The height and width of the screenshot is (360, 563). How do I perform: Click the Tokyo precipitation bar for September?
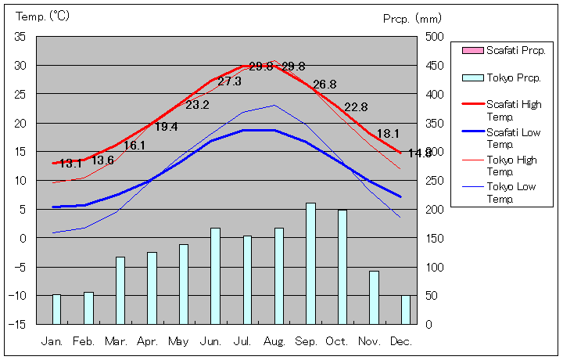tap(310, 263)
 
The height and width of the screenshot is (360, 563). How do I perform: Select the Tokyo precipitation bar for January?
tap(56, 308)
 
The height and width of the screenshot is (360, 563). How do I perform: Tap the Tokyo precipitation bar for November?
tap(374, 297)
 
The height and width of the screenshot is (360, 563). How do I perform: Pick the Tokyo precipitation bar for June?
tap(215, 275)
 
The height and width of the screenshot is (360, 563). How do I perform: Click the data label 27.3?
tap(230, 81)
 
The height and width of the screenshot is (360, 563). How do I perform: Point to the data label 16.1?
tap(134, 146)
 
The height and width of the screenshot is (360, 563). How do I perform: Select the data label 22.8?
tap(356, 107)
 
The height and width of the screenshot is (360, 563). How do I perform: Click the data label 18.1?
tap(388, 134)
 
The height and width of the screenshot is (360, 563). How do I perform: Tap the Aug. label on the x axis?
tap(274, 341)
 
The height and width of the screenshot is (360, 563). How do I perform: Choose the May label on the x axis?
tap(178, 341)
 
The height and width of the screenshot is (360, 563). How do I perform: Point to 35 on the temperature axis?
tap(20, 37)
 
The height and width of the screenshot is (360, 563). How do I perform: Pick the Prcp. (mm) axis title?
tap(412, 18)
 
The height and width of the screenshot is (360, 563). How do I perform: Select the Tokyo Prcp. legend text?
tap(513, 78)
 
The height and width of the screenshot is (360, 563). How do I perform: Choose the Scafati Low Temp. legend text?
tap(513, 138)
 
